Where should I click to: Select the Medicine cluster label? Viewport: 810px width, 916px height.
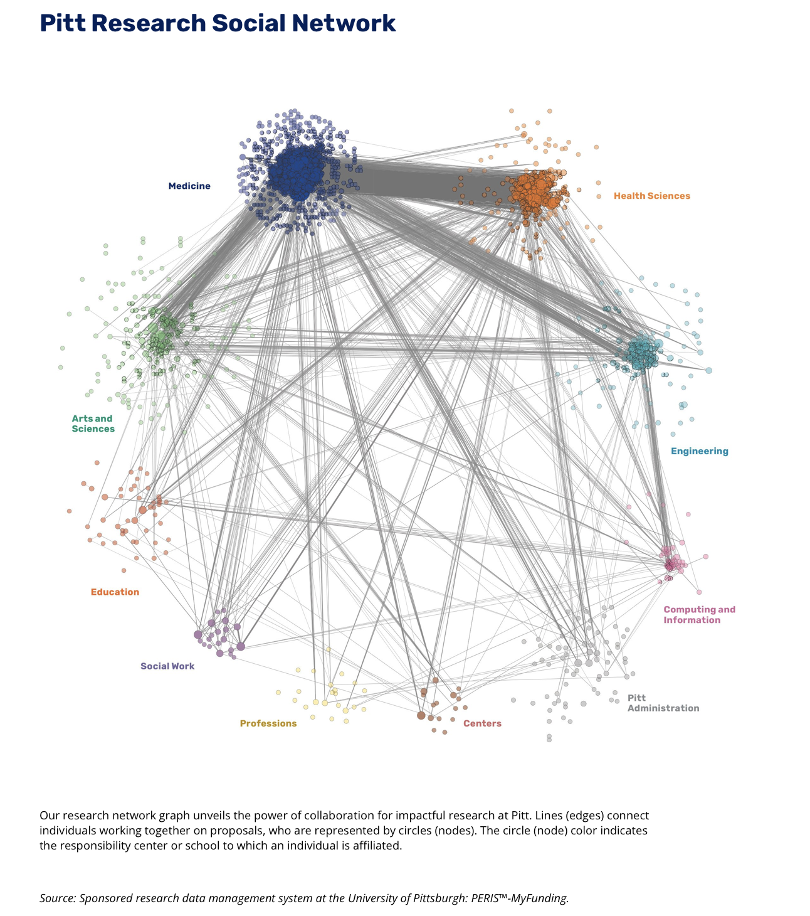[x=189, y=186]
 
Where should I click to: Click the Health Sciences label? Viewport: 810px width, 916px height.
[x=651, y=196]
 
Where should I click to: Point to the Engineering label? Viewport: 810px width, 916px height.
[x=699, y=451]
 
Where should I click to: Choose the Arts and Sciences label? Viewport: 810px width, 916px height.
[x=93, y=423]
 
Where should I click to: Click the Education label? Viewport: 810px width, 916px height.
[x=115, y=592]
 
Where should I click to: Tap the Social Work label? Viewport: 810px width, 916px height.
[x=167, y=666]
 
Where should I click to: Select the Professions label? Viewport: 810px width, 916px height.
[x=268, y=723]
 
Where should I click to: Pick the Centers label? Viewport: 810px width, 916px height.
[x=482, y=723]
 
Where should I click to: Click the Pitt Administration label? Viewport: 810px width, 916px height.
[x=663, y=703]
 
